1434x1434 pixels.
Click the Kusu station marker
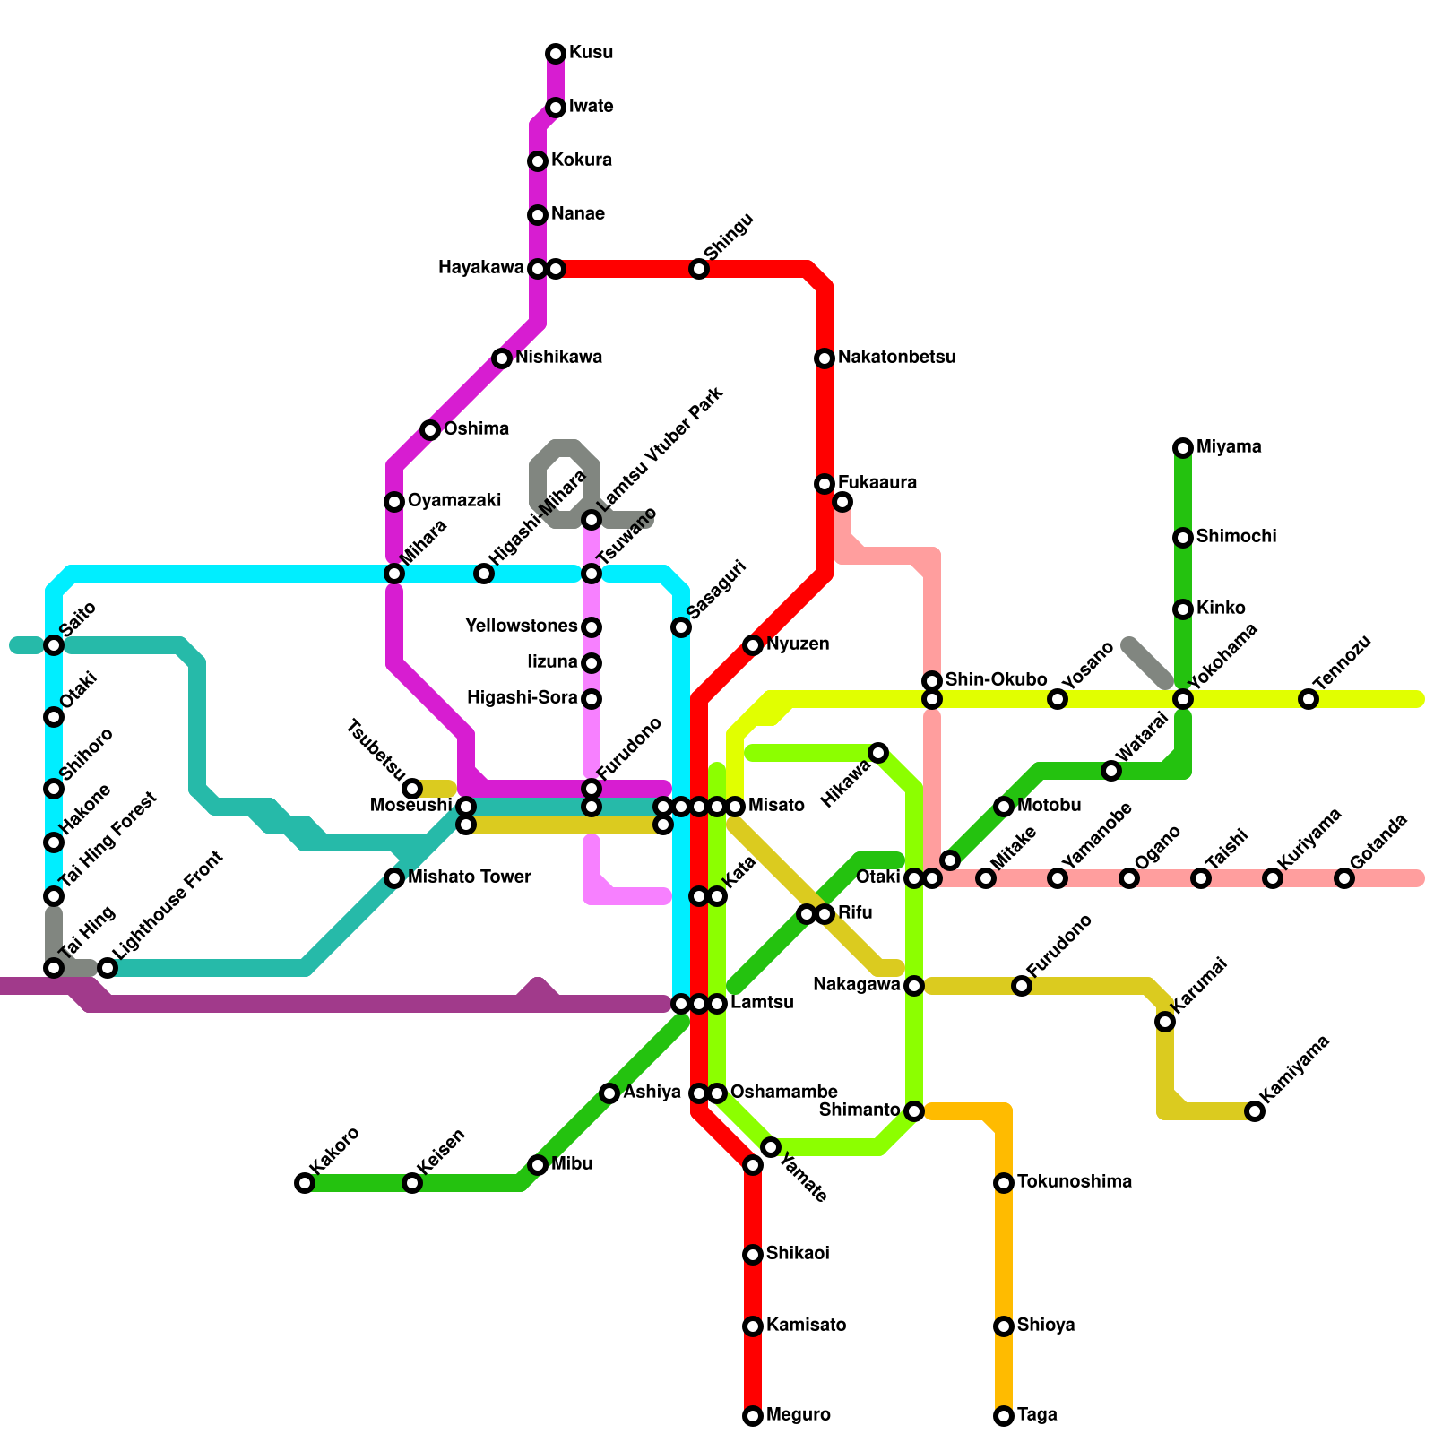click(x=556, y=54)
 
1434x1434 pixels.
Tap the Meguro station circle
click(x=753, y=1416)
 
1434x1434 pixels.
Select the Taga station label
click(x=1037, y=1415)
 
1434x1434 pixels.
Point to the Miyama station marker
click(x=1183, y=448)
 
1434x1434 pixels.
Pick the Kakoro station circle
click(x=305, y=1183)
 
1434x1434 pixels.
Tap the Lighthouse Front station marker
click(x=108, y=968)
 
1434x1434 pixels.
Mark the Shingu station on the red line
click(x=699, y=269)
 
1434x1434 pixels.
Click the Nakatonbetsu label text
click(x=896, y=358)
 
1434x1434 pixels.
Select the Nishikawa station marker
click(x=502, y=358)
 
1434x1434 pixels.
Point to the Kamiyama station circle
click(x=1255, y=1111)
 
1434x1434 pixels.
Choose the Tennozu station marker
click(x=1309, y=699)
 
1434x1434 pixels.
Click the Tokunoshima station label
click(x=1074, y=1182)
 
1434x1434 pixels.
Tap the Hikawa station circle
click(x=878, y=753)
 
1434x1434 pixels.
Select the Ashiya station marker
click(x=609, y=1093)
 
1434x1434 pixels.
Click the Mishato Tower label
click(x=469, y=877)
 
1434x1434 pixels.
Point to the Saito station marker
click(x=54, y=645)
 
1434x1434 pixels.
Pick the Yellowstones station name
click(x=522, y=626)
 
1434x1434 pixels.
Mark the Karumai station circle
click(x=1165, y=1022)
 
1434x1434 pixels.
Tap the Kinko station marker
click(x=1183, y=609)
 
